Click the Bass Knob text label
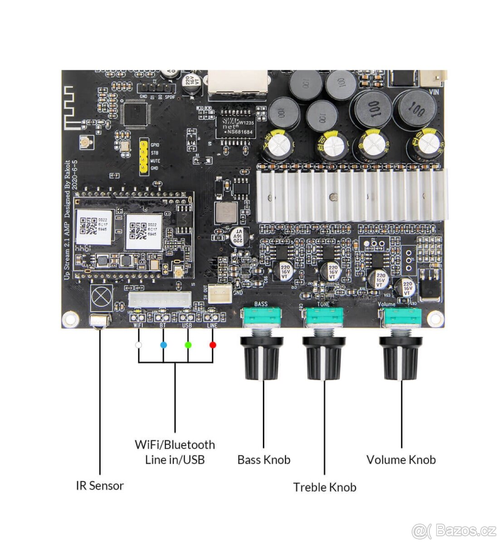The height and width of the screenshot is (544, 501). pos(263,460)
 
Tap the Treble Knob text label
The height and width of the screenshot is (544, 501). pos(325,487)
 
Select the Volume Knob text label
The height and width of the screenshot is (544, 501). pos(401,460)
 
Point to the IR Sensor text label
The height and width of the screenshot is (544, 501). pos(100,486)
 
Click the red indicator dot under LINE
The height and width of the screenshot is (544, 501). pos(213,345)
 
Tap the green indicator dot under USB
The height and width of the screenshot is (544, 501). pos(188,345)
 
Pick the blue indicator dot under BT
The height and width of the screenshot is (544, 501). pos(164,345)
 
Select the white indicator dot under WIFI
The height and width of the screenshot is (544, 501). pos(139,345)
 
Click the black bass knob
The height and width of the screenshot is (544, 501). pos(261,358)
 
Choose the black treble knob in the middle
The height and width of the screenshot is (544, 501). pos(324,358)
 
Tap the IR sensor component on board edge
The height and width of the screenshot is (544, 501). pos(100,321)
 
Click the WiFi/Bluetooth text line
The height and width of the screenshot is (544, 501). pos(175,445)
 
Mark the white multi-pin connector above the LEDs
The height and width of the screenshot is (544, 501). pos(159,299)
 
